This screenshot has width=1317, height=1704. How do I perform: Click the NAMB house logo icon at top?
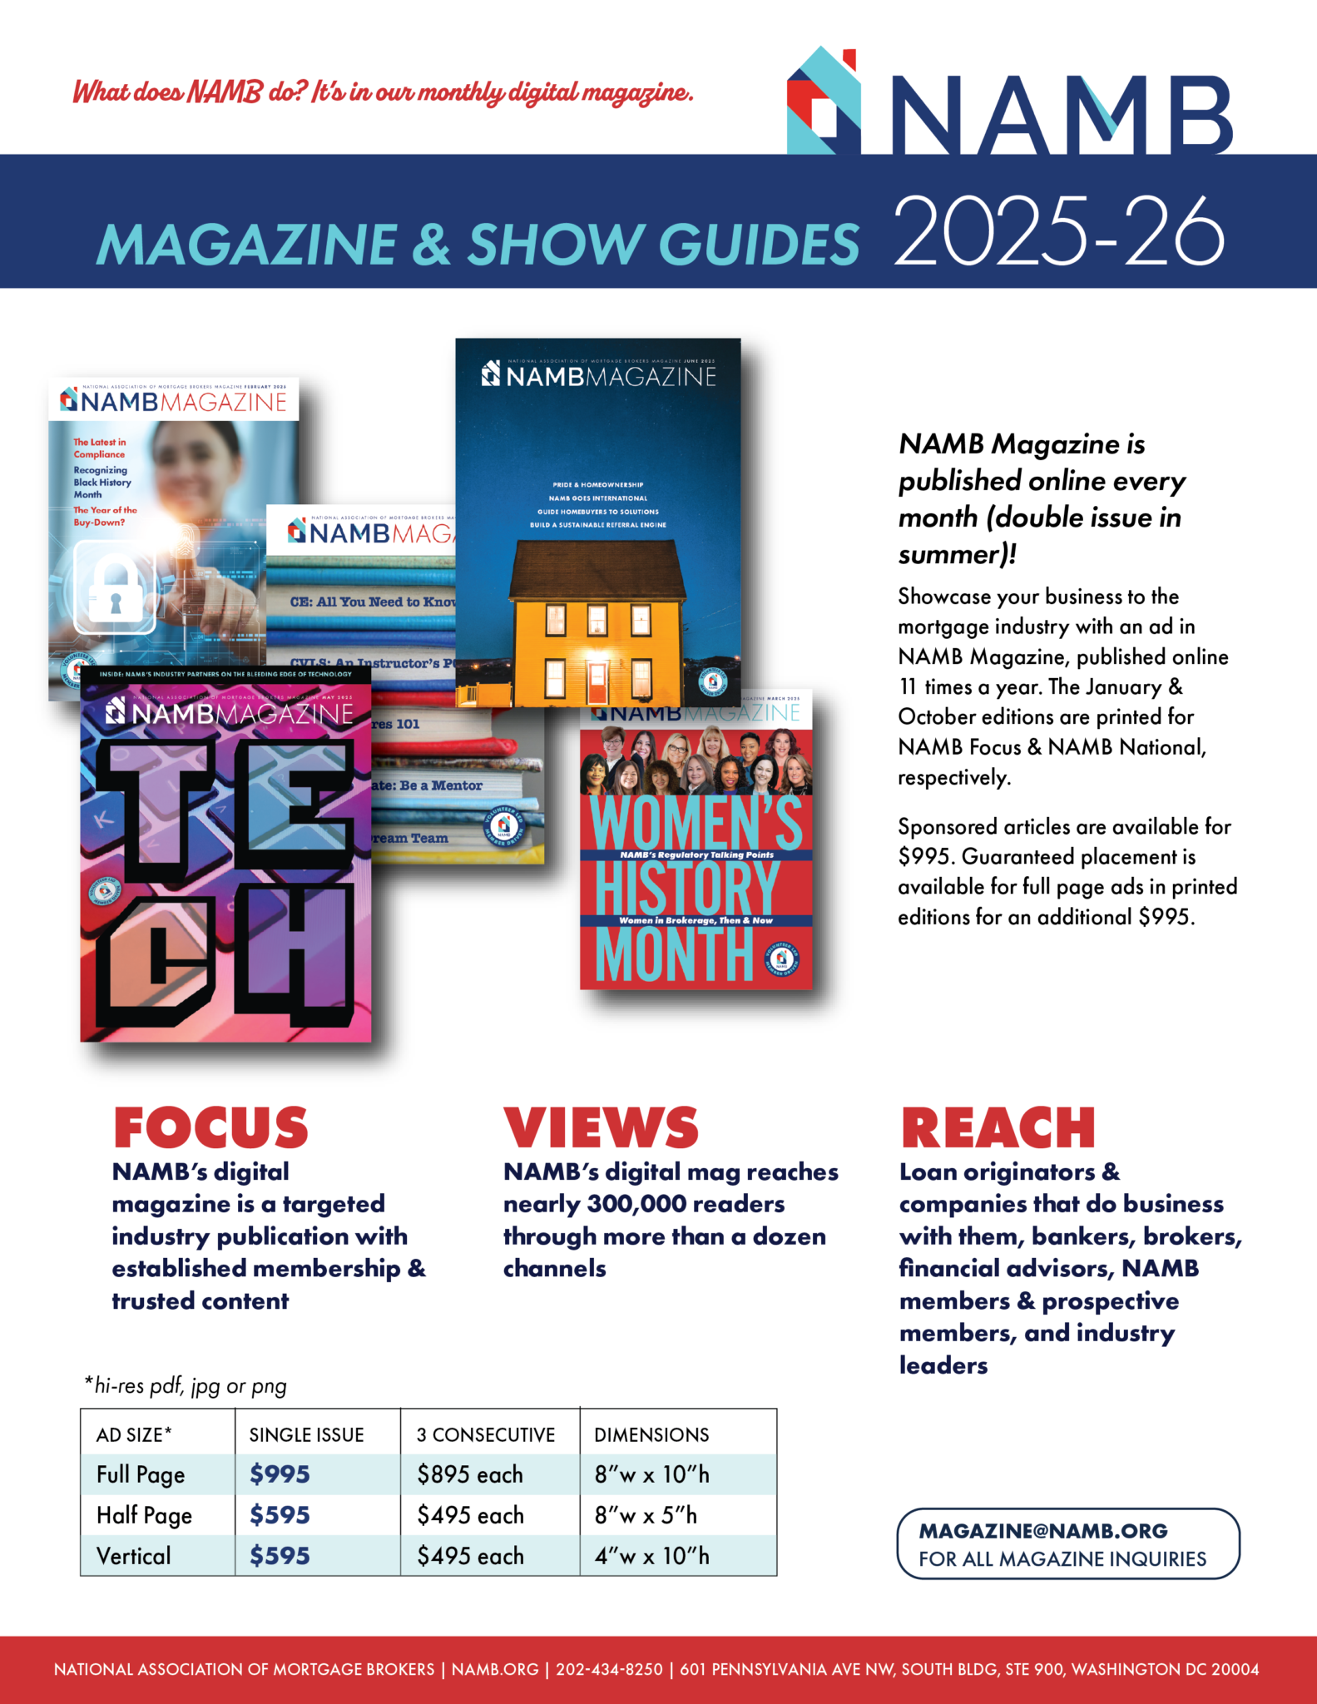(823, 102)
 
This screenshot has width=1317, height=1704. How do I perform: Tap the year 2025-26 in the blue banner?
(1058, 230)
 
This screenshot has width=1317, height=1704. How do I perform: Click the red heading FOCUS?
(210, 1128)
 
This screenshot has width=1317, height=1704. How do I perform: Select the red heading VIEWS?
(601, 1128)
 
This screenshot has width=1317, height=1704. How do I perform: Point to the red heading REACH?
(998, 1128)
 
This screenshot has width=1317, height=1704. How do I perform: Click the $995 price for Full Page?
(280, 1474)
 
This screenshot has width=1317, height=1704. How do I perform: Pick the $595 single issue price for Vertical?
(280, 1556)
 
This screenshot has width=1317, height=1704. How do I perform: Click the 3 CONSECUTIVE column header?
(485, 1434)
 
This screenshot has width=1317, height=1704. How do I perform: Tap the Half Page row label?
(144, 1515)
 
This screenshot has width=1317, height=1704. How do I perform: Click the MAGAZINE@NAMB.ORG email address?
(1043, 1531)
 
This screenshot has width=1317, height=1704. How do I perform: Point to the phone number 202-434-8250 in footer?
(609, 1669)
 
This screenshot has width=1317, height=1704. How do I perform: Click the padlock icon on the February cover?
(115, 586)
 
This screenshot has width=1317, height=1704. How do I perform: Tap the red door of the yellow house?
(597, 682)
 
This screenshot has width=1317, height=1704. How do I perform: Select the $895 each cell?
(470, 1474)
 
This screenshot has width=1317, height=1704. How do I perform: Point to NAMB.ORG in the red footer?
(495, 1669)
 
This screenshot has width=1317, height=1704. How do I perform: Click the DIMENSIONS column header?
(651, 1434)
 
